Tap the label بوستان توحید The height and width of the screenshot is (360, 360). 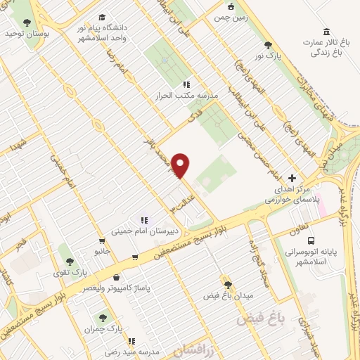[x=25, y=33]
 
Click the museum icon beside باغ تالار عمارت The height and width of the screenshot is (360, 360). [x=327, y=32]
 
